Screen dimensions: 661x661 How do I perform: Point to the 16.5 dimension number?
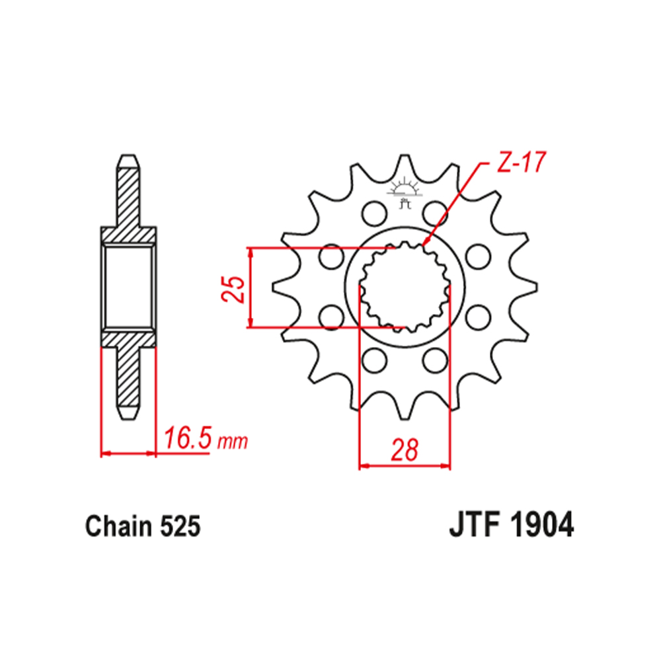[187, 438]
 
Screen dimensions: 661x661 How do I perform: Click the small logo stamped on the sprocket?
[405, 194]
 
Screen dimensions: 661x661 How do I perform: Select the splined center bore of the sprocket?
[404, 288]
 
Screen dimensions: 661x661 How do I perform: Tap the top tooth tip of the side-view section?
[128, 161]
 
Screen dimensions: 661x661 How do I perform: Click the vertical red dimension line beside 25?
[250, 288]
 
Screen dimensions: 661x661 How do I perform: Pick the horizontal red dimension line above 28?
[404, 467]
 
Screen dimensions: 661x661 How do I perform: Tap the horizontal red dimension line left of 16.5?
[128, 453]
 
